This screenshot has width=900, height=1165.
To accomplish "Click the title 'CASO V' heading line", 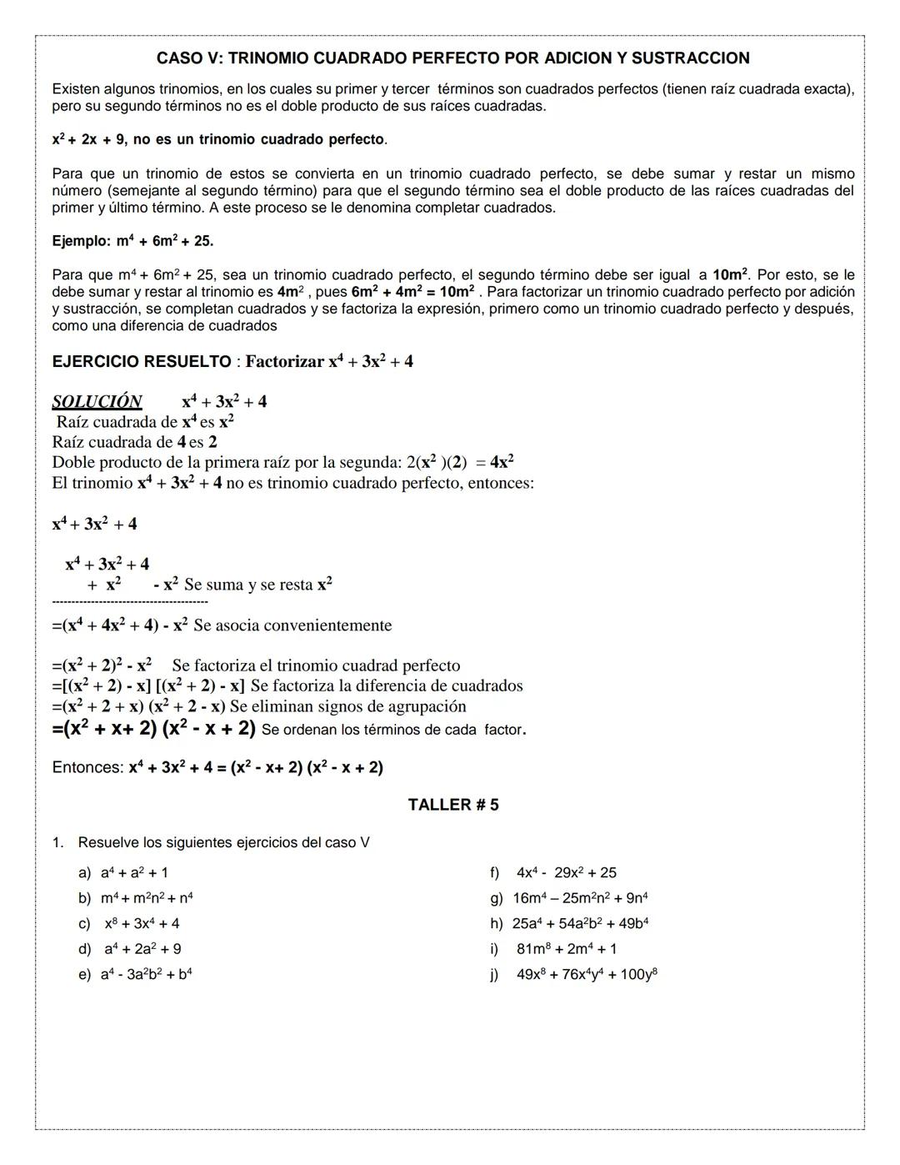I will coord(452,58).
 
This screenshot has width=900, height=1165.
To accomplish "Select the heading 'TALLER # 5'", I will coord(452,805).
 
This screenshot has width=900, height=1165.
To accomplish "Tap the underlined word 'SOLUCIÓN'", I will coord(97,402).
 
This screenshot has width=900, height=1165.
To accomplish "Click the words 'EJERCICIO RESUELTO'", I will coord(141,362).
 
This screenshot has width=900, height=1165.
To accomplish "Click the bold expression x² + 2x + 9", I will coord(88,140).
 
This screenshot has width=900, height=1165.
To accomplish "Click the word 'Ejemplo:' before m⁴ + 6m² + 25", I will coord(81,242).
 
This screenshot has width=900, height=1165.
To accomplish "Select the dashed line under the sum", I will coord(129,601).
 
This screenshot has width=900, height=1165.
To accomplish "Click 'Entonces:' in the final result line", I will coord(87,768).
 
